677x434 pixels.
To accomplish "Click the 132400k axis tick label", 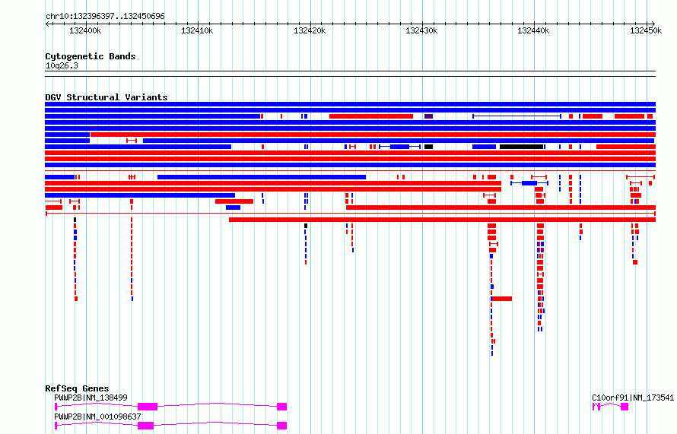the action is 85,30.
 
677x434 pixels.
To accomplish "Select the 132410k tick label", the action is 197,30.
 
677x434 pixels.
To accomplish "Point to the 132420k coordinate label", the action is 310,30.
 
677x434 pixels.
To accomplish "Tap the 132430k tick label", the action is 421,30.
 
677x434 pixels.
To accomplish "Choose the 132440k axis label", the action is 534,30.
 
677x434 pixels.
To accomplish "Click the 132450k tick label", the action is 646,30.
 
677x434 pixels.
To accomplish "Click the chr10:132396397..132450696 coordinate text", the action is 105,17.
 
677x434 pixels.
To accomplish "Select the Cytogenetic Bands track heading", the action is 91,56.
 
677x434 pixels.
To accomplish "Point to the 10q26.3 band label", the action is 62,66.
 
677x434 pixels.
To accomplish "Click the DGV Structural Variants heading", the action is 106,97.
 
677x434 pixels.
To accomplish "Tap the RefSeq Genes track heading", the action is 77,388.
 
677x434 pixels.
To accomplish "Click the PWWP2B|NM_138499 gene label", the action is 91,398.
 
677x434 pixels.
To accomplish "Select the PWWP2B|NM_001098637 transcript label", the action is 97,417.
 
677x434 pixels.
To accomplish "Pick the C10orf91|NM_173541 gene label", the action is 633,398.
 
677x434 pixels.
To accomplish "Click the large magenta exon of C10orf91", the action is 625,407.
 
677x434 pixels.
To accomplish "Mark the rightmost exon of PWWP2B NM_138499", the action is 282,407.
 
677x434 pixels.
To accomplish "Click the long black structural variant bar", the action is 522,147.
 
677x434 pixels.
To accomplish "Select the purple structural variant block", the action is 428,116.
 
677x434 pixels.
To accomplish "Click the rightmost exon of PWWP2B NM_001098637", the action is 282,426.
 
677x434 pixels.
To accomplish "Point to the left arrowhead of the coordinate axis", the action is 46,24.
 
